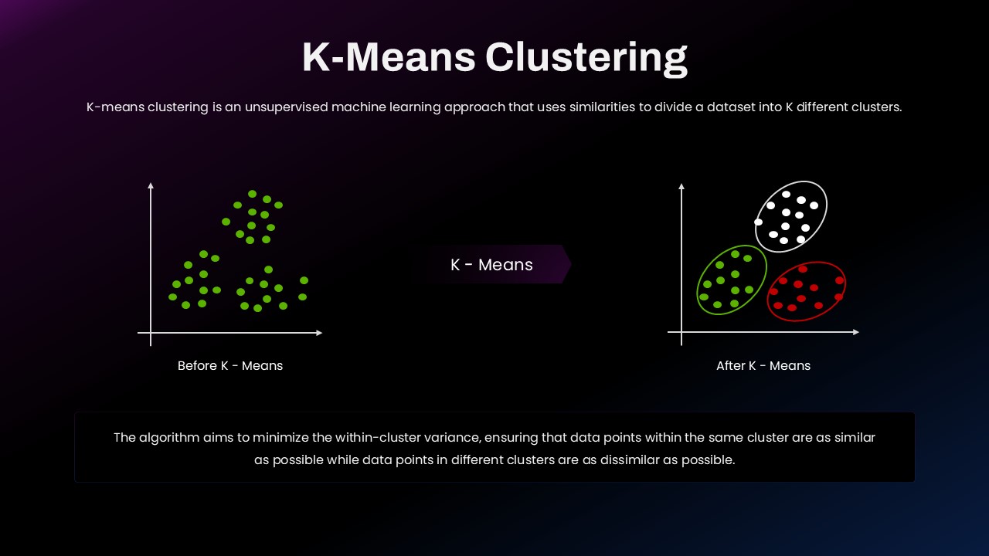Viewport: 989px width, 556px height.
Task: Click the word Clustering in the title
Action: pos(586,58)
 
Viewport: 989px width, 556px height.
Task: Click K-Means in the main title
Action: pos(389,56)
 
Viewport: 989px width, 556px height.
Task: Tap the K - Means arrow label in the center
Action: pos(491,265)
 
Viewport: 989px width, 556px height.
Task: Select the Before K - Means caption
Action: pos(230,366)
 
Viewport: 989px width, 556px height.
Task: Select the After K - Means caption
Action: pos(763,366)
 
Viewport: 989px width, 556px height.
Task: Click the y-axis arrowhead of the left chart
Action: pos(151,185)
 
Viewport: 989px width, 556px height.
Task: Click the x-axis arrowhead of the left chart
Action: pos(319,333)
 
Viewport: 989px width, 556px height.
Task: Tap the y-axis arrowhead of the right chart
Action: pos(681,186)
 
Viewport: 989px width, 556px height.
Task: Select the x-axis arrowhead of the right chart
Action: pos(855,332)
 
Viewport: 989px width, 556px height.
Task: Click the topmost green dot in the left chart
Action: pos(252,194)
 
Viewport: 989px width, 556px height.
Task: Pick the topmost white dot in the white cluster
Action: pos(786,194)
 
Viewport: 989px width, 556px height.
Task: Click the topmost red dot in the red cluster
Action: pos(803,269)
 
